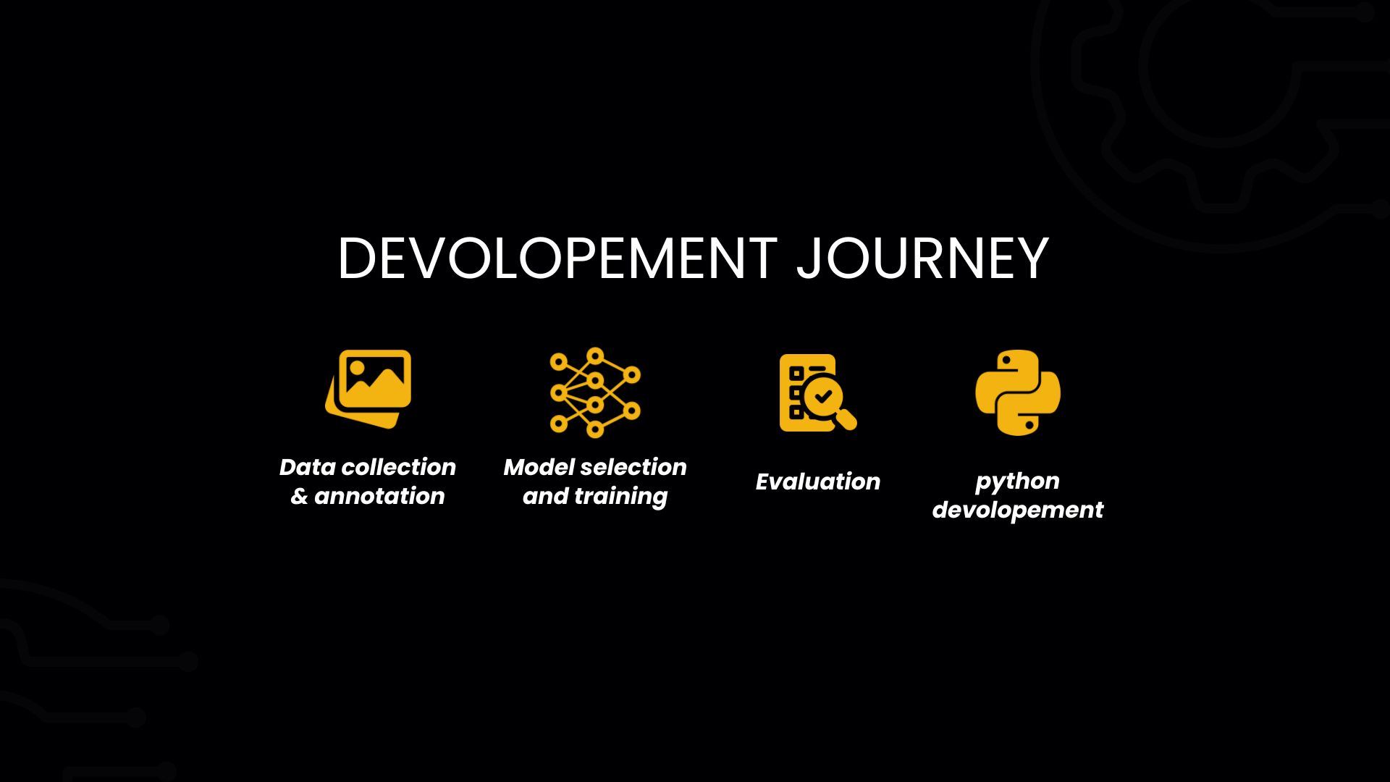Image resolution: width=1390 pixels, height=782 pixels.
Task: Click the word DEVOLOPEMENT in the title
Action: (557, 258)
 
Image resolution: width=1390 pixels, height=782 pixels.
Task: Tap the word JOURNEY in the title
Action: (922, 258)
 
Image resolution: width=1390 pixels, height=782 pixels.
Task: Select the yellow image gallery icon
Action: (368, 390)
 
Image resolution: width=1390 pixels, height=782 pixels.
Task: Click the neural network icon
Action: (595, 392)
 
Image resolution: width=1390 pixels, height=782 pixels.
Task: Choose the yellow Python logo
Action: (1018, 392)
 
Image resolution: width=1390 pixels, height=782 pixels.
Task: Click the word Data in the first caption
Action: (308, 467)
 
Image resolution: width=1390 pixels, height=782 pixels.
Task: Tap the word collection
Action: (398, 467)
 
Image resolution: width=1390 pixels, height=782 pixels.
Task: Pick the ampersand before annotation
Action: (299, 496)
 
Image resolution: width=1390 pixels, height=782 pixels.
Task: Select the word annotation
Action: (379, 496)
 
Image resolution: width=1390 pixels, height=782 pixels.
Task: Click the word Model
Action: (534, 467)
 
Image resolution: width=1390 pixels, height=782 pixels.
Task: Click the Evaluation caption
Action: (818, 482)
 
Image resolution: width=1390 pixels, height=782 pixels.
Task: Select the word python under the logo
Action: (1017, 482)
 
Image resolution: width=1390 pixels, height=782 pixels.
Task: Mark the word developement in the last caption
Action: (1018, 510)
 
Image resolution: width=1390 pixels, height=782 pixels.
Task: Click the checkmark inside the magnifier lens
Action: (822, 397)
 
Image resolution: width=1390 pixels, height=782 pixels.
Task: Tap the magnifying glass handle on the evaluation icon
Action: (846, 419)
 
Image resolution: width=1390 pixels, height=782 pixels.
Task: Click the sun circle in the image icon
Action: (357, 367)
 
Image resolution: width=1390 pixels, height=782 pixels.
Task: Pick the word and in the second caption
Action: (545, 496)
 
